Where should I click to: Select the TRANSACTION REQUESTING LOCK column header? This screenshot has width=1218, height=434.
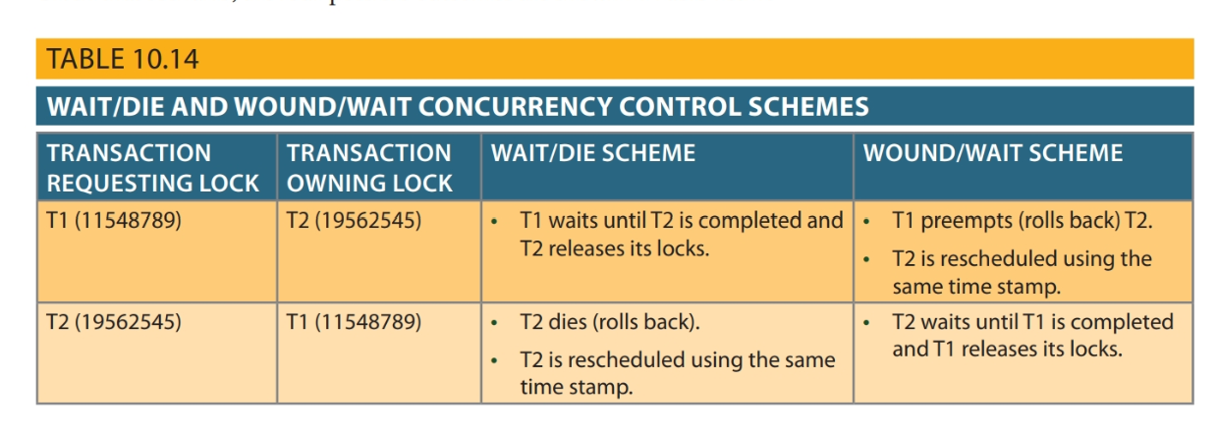coord(153,167)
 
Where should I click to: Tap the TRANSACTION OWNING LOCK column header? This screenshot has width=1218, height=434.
coord(369,167)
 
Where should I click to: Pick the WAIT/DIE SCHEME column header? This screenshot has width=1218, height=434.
coord(592,153)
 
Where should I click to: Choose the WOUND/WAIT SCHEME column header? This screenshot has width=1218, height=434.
coord(993,153)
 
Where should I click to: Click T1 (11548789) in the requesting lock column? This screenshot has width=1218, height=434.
coord(114,221)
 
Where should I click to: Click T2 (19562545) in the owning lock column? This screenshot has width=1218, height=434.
coord(354,221)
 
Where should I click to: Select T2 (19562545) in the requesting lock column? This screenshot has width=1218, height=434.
coord(114,322)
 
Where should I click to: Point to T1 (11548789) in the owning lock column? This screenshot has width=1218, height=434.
coord(354,322)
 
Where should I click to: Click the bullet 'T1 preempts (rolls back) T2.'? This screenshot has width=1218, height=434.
coord(1022,221)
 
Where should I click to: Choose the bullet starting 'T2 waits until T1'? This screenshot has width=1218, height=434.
coord(1031,335)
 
